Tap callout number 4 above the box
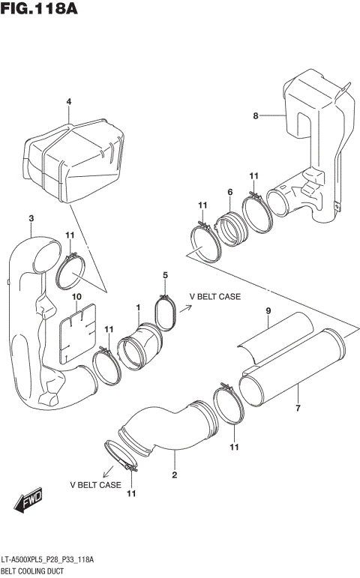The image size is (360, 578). [67, 102]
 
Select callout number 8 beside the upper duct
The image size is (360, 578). [255, 115]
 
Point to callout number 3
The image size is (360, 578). [31, 218]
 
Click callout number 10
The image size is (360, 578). [76, 297]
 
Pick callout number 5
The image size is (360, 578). [165, 276]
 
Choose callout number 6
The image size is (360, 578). [230, 193]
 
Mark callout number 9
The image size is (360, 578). [267, 311]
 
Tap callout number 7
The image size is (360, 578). [298, 408]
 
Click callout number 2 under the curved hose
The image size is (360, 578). [174, 475]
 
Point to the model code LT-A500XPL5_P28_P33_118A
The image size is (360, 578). [50, 560]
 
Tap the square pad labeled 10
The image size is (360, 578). [76, 329]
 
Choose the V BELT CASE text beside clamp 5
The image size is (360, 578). [214, 297]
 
